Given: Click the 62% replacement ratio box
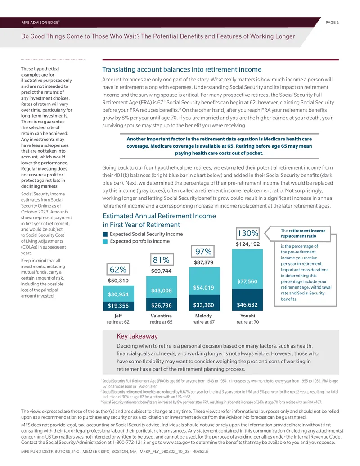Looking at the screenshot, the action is pos(118,269).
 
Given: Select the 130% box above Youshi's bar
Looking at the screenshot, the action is pos(247,233).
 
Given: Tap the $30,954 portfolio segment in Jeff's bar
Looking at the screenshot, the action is pos(118,294).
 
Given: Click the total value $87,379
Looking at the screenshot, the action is pos(203,262).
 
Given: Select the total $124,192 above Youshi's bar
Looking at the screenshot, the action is pos(247,244).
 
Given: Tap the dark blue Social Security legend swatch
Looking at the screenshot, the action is pos(105,234).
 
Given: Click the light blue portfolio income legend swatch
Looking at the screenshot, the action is pos(105,241).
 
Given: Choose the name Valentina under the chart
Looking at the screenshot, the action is pos(161,316).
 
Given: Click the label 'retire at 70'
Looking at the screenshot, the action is pos(247,322).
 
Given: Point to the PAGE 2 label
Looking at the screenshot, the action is pos(332,23).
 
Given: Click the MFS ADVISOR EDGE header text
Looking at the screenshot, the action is pos(40,23).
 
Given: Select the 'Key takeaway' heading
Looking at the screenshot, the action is pos(137,336).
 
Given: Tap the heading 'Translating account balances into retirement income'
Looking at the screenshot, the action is pos(182,69).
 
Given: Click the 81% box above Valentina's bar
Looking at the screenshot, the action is pos(161,260).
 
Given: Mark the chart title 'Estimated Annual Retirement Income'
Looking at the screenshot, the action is pos(159,216).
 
